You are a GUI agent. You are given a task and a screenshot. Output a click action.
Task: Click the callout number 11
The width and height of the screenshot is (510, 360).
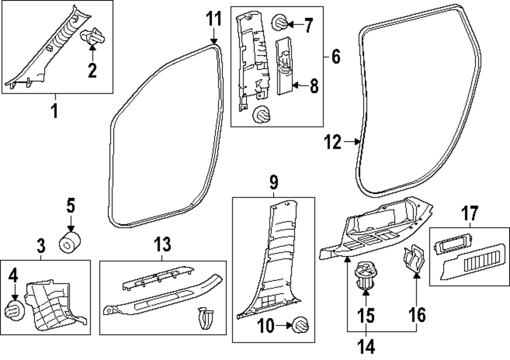(214, 20)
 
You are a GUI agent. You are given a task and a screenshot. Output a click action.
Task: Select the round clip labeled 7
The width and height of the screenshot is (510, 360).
(280, 23)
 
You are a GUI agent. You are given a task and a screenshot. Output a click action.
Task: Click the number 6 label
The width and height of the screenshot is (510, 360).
(335, 57)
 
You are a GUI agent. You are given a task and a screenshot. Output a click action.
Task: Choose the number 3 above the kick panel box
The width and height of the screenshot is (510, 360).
(41, 247)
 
